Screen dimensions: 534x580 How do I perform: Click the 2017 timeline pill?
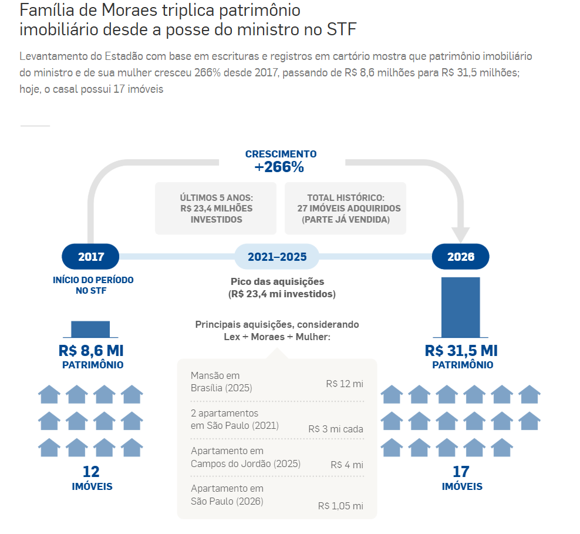[91, 257]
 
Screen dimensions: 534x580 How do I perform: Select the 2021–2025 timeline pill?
[277, 257]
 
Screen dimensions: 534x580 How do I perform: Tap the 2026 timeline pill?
[461, 257]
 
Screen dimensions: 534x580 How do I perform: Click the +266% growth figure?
[279, 167]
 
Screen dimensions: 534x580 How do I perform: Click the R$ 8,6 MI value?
[91, 351]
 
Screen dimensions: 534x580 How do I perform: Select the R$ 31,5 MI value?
[461, 351]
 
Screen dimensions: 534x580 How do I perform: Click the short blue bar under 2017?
[90, 329]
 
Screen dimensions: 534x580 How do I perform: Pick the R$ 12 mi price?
[345, 384]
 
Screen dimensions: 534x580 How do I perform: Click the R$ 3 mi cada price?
[336, 429]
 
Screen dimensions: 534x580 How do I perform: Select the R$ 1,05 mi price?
[340, 506]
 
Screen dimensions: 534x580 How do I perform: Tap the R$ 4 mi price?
[347, 465]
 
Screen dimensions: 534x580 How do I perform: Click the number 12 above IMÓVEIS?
[91, 472]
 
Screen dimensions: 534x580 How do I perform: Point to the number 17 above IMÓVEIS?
[461, 472]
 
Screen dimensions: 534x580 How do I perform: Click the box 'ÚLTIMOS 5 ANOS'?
[217, 209]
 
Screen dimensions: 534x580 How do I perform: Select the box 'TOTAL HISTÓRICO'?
[345, 209]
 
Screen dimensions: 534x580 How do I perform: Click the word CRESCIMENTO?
[281, 154]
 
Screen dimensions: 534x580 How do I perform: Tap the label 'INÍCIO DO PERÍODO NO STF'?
[93, 285]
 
